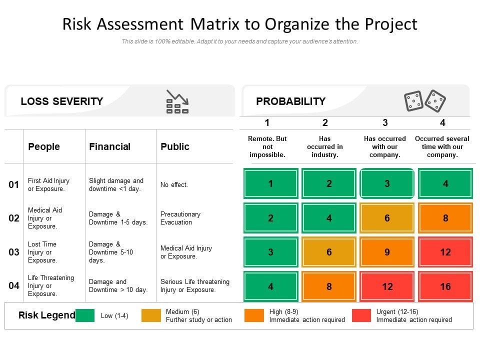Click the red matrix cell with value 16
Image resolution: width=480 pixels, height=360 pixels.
pos(445,286)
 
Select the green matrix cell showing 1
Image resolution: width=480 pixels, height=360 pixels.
pos(270,183)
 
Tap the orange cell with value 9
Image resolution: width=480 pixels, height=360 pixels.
pos(387,252)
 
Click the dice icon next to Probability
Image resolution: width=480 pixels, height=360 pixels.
pos(424,101)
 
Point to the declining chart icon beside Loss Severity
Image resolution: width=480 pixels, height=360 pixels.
pos(177,101)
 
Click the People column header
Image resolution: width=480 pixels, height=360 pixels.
pos(44,146)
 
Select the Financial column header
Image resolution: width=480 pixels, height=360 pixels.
pos(109,146)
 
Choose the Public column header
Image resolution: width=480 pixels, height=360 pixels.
pos(174,146)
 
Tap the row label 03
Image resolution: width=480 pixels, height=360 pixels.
pos(14,252)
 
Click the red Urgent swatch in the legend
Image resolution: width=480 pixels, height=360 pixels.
pos(361,315)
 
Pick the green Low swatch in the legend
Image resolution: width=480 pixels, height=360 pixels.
pos(85,315)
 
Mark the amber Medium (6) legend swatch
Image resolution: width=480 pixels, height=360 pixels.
pos(151,315)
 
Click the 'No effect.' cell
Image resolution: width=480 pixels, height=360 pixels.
pos(174,184)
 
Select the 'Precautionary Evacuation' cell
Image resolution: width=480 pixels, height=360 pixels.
pos(180,218)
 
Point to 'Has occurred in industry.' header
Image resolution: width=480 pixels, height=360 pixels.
pos(325,146)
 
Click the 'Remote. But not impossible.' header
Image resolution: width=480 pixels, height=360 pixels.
pos(267,146)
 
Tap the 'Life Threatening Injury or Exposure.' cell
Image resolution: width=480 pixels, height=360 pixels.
pos(51,285)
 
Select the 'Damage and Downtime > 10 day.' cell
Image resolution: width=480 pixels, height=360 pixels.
pos(118,285)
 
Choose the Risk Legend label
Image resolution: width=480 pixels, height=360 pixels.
pos(46,315)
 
